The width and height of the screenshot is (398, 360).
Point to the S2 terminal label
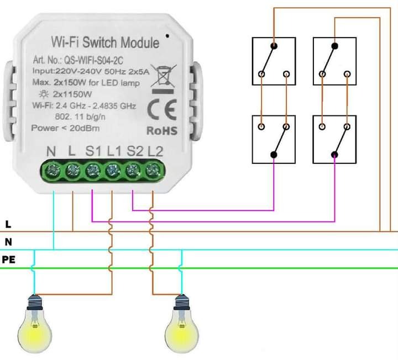[134, 151]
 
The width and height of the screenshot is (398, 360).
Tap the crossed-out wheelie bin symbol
[163, 77]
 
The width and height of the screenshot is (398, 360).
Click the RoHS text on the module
[162, 131]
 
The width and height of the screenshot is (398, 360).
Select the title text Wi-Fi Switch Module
[104, 42]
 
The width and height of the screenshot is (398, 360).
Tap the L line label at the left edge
[8, 225]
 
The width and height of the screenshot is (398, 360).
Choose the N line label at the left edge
[8, 242]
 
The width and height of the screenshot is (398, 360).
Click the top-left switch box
[273, 61]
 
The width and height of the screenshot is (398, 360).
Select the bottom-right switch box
[334, 139]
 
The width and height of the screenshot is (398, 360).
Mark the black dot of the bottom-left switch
[274, 155]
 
